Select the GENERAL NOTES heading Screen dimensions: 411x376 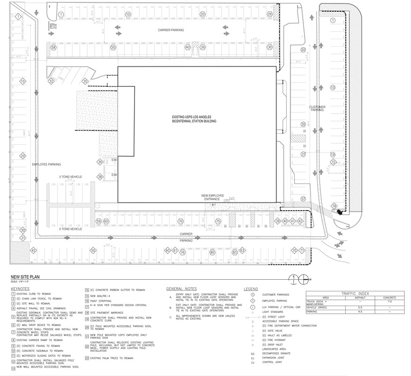[x=182, y=289]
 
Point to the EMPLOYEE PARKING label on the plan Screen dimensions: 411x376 [x=46, y=164]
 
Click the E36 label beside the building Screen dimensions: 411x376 [x=114, y=160]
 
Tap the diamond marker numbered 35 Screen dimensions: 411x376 [x=85, y=81]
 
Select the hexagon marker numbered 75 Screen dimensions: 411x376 [x=218, y=221]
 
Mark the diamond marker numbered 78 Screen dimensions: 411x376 [x=334, y=206]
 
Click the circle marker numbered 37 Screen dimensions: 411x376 [x=303, y=199]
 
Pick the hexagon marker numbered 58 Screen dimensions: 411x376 [x=54, y=48]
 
